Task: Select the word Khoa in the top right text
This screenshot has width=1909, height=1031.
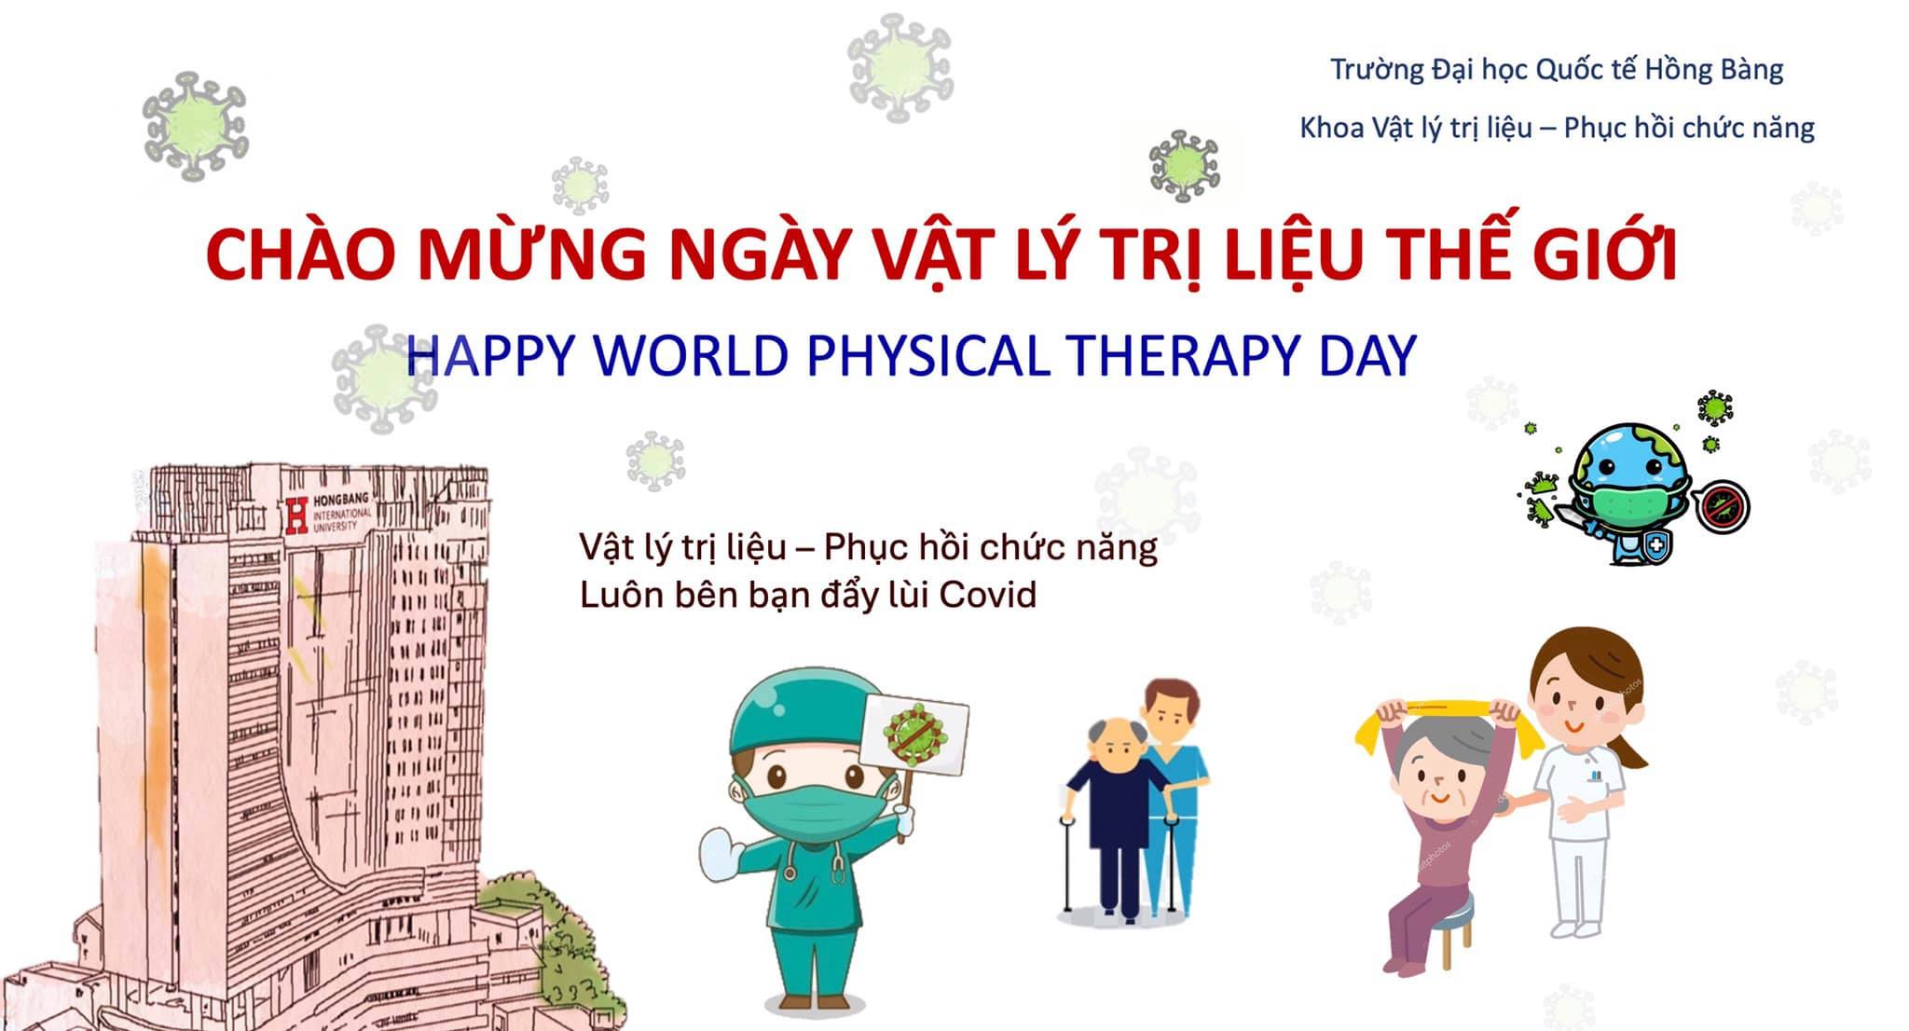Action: [x=1332, y=128]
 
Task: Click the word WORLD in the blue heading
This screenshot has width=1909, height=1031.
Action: [x=691, y=355]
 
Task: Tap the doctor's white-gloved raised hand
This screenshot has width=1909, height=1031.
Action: [x=721, y=851]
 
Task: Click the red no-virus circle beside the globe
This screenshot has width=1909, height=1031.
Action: [x=1722, y=509]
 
